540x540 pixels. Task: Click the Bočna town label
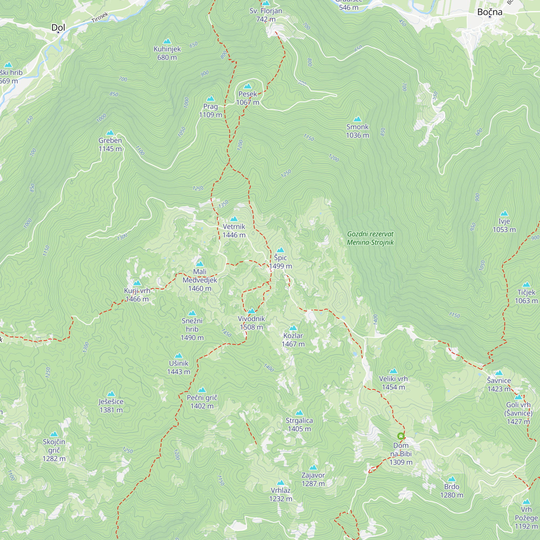click(490, 12)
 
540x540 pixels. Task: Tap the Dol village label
click(58, 27)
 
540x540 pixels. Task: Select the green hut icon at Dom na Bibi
click(401, 436)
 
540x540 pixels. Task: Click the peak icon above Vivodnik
click(251, 311)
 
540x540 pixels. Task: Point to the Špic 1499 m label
click(280, 262)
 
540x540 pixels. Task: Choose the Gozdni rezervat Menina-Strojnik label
click(370, 238)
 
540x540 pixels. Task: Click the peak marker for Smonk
click(357, 119)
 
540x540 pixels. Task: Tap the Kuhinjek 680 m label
click(167, 53)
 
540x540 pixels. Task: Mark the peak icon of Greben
click(110, 133)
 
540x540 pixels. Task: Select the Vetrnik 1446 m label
click(234, 231)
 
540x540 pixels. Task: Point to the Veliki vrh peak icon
click(393, 371)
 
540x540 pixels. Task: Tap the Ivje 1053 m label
click(504, 225)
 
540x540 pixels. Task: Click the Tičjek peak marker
click(526, 285)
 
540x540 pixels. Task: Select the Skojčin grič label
click(54, 450)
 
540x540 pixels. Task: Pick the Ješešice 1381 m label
click(111, 406)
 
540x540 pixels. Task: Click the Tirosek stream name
click(100, 18)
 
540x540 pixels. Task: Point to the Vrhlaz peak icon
click(280, 483)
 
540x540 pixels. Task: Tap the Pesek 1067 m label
click(248, 98)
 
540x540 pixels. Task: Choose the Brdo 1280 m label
click(451, 491)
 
